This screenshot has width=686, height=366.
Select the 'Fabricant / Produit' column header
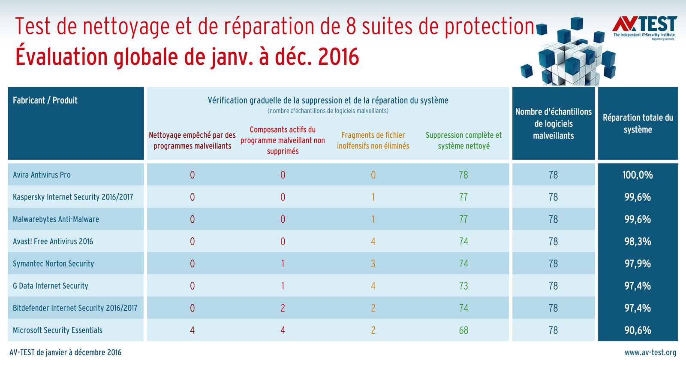45,100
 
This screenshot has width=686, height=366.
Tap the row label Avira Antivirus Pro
42,175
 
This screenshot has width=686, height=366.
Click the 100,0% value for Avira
638,175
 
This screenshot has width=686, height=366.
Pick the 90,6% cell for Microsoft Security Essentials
638,330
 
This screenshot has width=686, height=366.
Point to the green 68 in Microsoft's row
463,330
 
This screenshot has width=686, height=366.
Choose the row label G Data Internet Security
51,286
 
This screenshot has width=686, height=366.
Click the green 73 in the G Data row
463,286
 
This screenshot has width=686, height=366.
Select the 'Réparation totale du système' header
638,124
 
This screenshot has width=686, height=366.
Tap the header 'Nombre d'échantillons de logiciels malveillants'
553,124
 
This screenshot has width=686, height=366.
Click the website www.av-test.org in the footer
650,353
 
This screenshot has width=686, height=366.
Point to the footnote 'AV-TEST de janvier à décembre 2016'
66,353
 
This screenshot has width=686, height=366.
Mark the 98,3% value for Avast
638,241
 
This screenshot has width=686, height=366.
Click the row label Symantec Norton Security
53,263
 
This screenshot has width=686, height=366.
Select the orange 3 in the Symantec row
373,263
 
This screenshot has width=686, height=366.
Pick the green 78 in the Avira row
463,175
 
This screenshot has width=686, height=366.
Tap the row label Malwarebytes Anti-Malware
56,219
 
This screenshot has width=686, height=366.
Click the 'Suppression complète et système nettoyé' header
463,140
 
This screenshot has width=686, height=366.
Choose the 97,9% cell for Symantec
638,263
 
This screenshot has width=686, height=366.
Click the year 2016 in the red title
339,57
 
